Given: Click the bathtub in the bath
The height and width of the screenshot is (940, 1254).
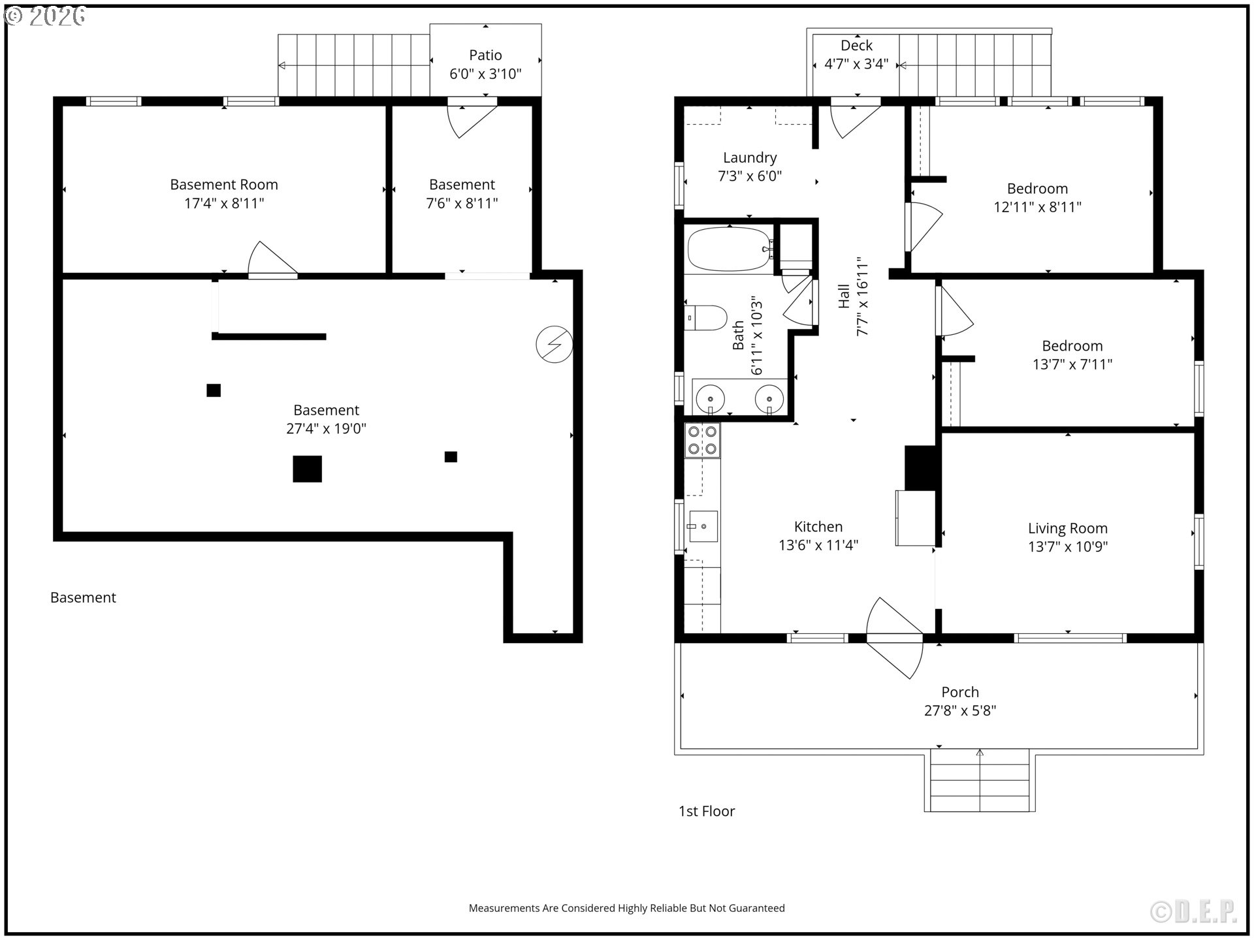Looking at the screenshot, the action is click(x=730, y=249).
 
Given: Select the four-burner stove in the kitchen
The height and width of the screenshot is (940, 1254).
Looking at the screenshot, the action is click(x=702, y=440).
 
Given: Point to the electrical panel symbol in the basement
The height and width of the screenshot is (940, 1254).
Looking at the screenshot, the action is click(x=555, y=344).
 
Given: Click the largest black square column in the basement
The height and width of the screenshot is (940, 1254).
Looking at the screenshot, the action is click(x=307, y=469).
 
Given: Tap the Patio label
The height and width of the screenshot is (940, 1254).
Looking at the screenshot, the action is click(x=485, y=55).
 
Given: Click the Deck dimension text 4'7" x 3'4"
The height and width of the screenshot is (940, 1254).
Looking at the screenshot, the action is click(x=856, y=64).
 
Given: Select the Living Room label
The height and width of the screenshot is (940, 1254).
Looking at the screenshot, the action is click(x=1068, y=528).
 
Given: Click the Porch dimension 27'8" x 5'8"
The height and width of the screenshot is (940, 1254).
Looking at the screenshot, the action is click(x=960, y=710).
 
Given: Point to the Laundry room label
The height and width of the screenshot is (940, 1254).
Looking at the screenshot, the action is click(x=750, y=158).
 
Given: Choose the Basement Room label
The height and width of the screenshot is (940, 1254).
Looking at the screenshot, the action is click(x=224, y=185).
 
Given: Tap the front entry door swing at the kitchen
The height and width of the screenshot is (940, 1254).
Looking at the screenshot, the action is click(x=895, y=638).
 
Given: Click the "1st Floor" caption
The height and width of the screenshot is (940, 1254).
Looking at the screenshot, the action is click(x=707, y=811).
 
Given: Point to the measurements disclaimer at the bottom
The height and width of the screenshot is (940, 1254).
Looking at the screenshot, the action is click(x=627, y=908).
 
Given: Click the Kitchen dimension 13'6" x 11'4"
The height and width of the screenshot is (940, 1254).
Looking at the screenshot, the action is click(x=818, y=545).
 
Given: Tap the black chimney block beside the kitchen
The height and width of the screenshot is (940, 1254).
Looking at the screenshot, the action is click(x=921, y=467).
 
